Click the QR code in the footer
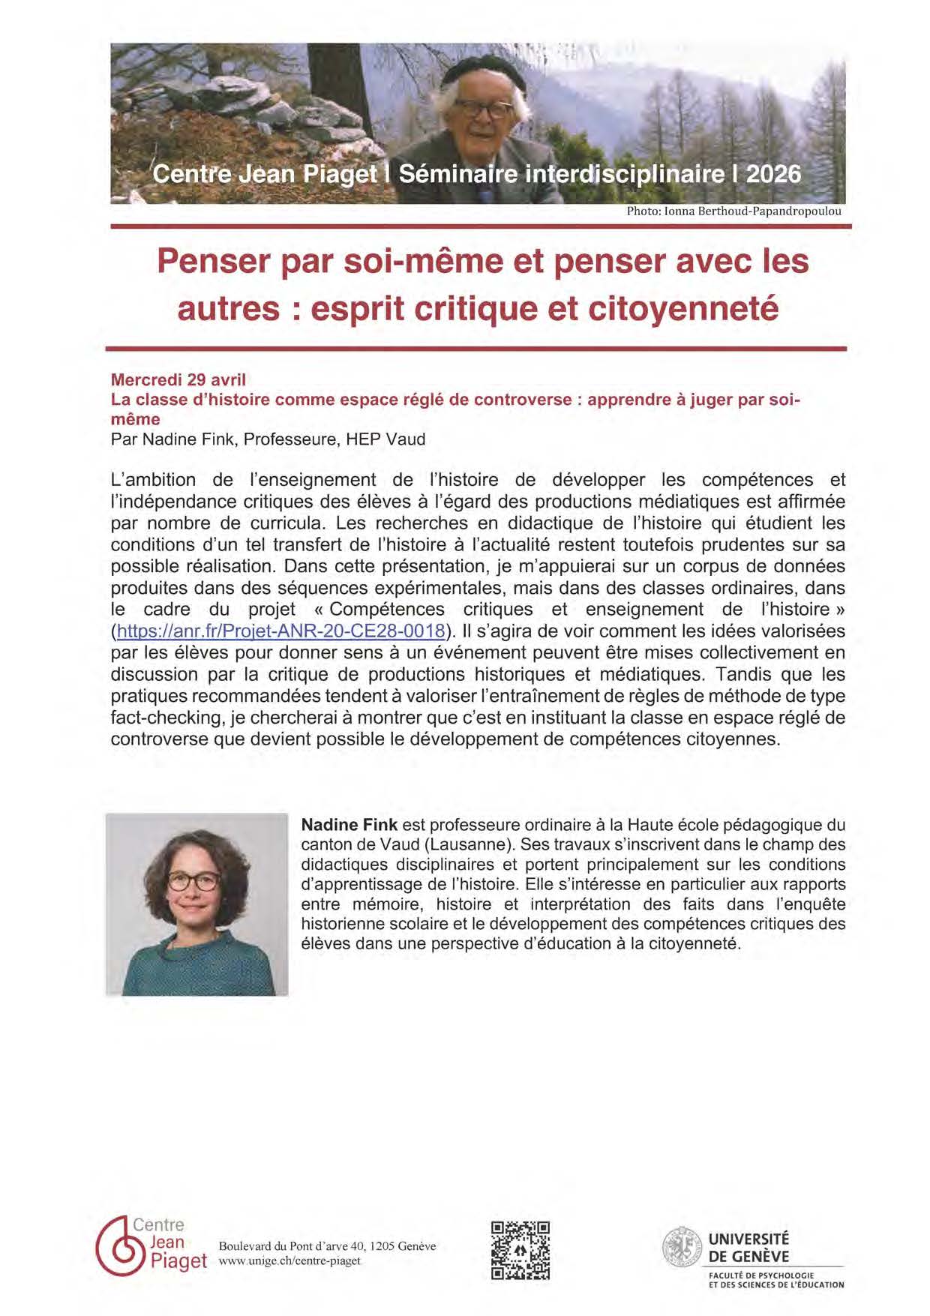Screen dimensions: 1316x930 pyautogui.click(x=520, y=1250)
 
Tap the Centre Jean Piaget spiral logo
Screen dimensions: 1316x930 pyautogui.click(x=119, y=1246)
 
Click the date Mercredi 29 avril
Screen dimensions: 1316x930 pyautogui.click(x=178, y=379)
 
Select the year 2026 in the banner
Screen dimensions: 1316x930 pyautogui.click(x=773, y=174)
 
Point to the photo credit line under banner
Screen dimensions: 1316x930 pyautogui.click(x=733, y=211)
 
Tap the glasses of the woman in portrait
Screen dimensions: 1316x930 pyautogui.click(x=193, y=881)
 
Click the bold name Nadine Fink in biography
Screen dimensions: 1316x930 pyautogui.click(x=349, y=825)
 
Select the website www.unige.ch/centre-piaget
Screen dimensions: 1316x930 pyautogui.click(x=289, y=1261)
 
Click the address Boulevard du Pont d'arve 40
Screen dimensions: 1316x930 pyautogui.click(x=292, y=1246)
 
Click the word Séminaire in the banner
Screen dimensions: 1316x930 pyautogui.click(x=457, y=174)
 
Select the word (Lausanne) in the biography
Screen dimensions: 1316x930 pyautogui.click(x=466, y=844)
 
